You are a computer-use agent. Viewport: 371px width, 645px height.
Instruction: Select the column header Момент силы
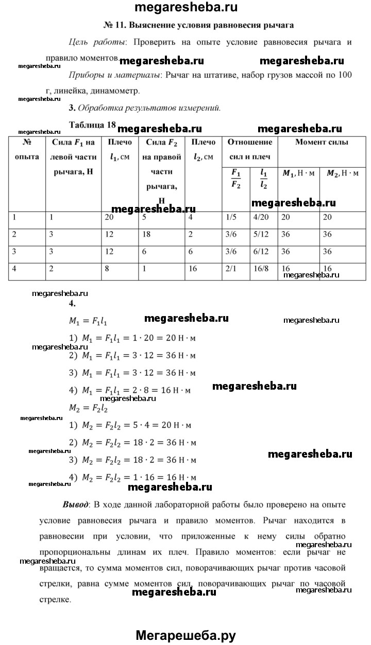321,142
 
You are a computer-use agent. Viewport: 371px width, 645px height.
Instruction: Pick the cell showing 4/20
262,217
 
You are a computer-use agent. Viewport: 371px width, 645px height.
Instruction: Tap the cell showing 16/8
262,269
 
